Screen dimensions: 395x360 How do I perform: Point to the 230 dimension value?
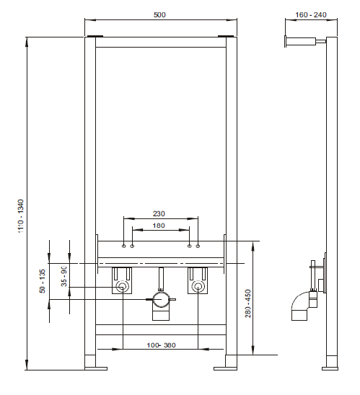pos(161,213)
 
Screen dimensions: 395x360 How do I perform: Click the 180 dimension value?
pos(160,226)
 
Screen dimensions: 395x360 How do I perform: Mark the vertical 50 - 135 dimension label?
pos(43,280)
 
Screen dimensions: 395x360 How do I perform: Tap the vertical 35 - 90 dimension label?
pos(64,276)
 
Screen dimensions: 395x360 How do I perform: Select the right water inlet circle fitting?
pos(197,288)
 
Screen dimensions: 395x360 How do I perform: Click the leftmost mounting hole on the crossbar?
pos(123,247)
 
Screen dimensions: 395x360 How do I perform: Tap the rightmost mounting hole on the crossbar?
pos(198,247)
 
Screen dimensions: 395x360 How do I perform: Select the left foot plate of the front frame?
pos(95,368)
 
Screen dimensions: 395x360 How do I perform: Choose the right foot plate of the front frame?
pos(225,368)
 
